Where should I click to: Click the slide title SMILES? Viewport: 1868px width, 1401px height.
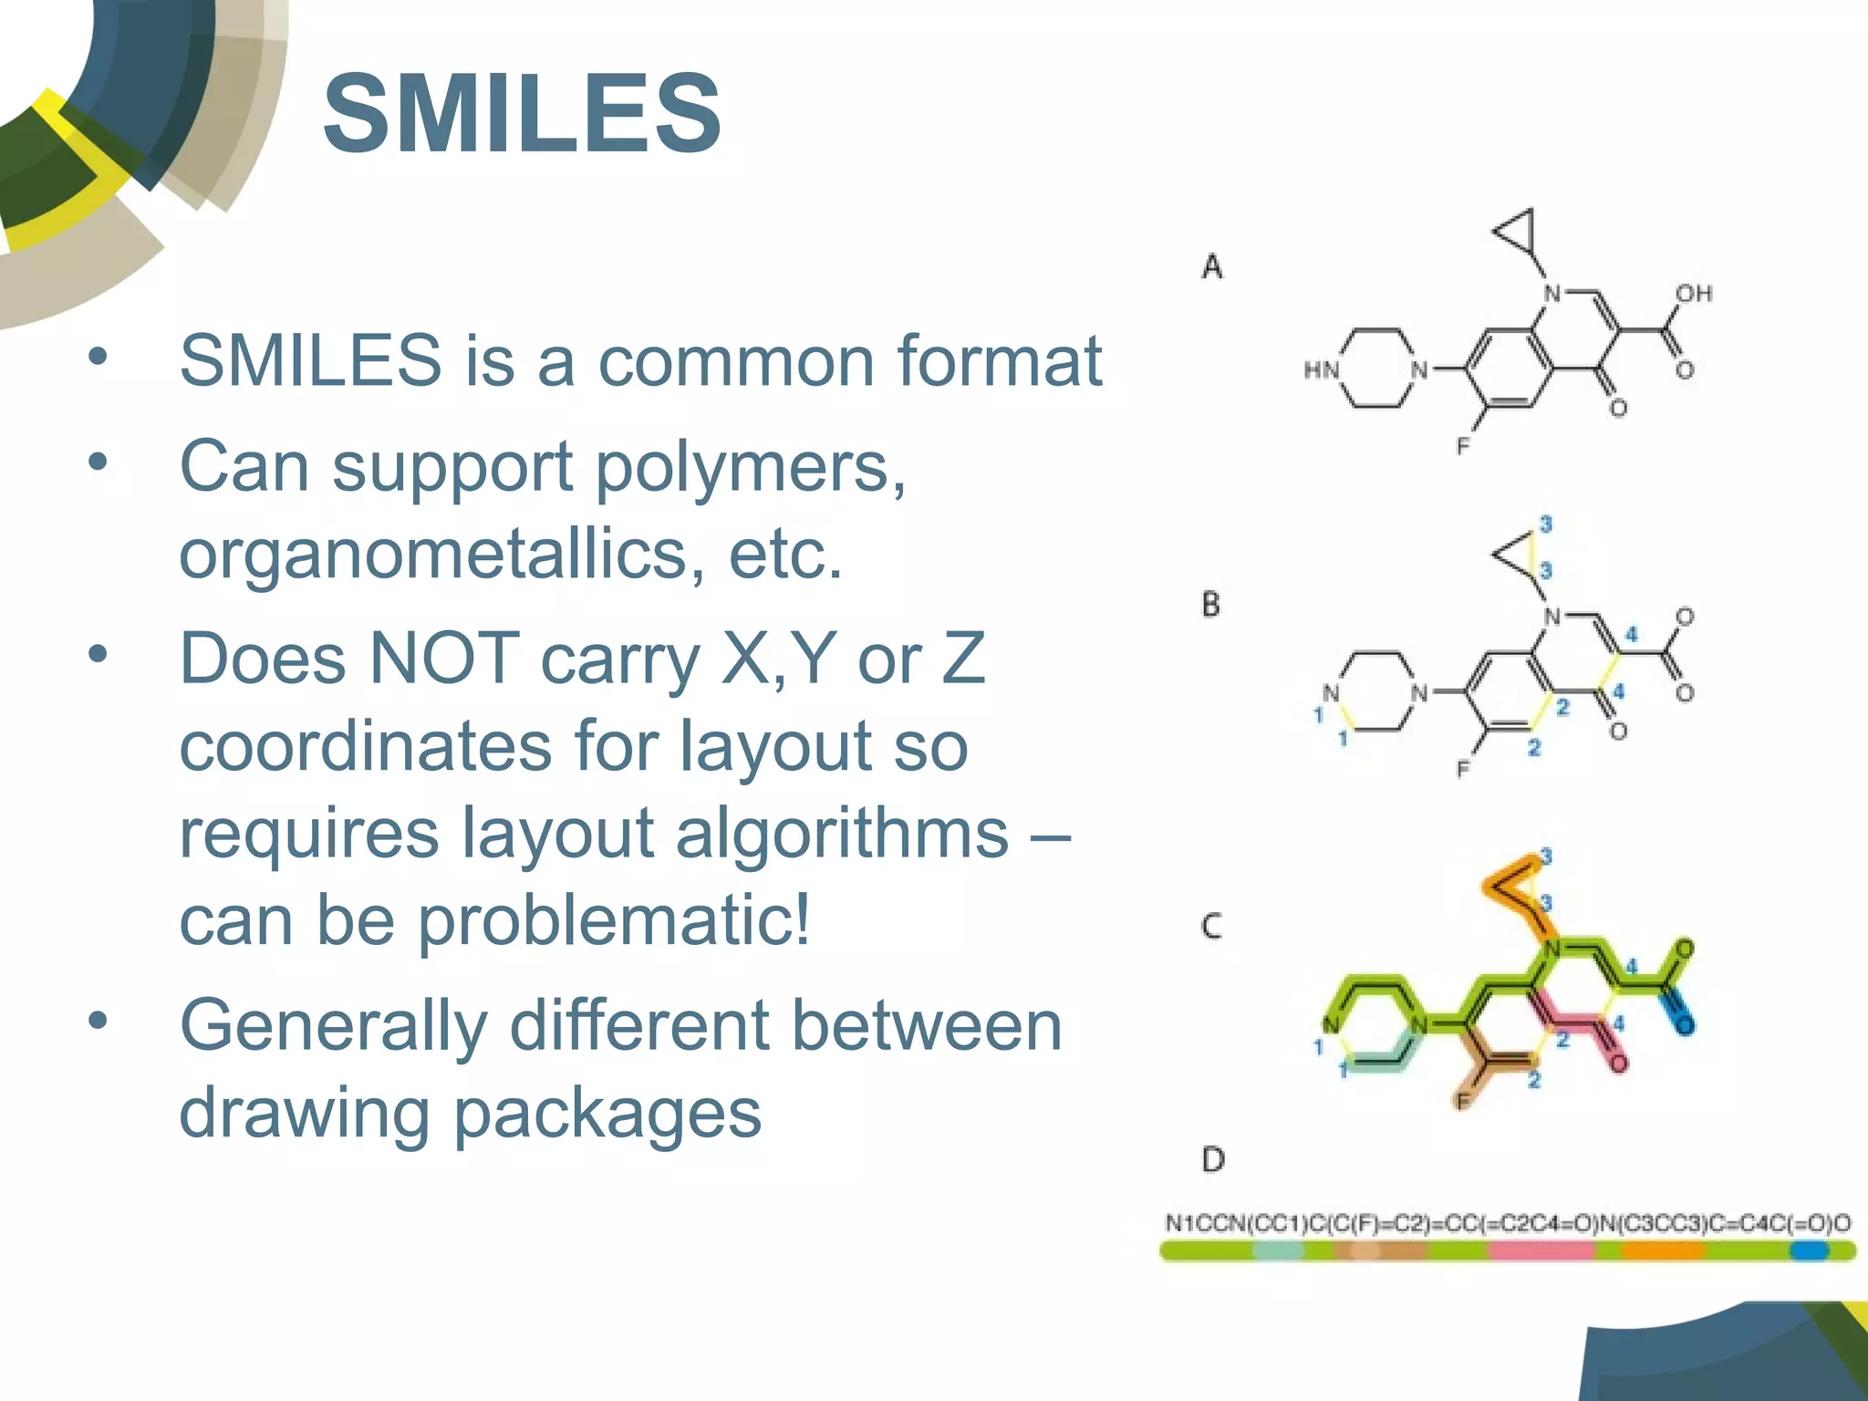[522, 115]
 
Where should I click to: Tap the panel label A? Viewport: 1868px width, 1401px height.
[1211, 266]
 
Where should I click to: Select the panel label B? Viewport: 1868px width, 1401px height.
[1210, 604]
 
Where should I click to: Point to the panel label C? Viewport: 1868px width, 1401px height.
[1210, 927]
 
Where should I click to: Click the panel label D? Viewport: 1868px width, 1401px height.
[1212, 1159]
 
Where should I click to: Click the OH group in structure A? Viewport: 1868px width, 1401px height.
[1694, 294]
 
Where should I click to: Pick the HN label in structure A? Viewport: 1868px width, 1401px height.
[1321, 369]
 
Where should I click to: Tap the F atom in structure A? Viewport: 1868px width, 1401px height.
[1463, 446]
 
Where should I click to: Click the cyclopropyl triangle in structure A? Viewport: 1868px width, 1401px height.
[1519, 232]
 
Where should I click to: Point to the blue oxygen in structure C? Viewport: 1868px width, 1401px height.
[1684, 1024]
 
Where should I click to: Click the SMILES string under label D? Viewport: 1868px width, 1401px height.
[1508, 1223]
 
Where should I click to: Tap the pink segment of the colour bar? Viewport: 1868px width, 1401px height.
[1541, 1251]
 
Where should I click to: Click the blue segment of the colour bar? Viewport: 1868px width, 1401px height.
[1808, 1251]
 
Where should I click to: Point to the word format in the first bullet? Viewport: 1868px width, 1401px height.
[1000, 360]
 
